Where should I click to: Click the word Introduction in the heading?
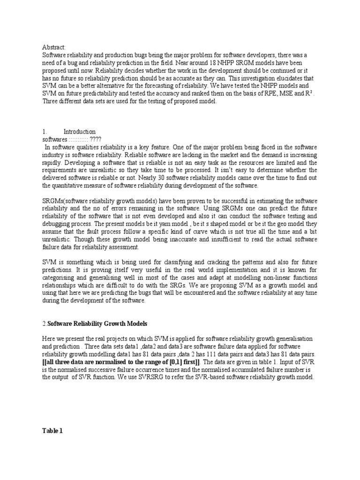(79, 132)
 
